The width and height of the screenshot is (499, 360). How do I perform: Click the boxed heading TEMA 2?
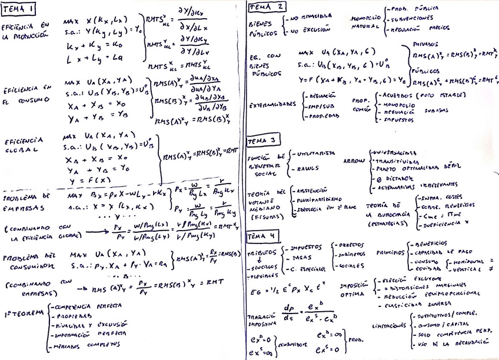267,7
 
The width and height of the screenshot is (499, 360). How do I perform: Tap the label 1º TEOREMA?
23,312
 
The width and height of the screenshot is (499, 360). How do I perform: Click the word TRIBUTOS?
262,252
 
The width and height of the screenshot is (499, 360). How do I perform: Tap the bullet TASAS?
301,258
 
